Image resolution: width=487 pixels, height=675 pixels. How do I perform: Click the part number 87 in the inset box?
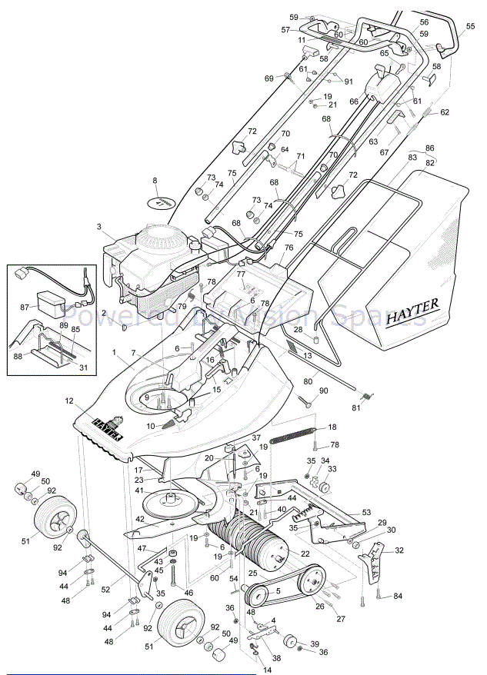click(24, 307)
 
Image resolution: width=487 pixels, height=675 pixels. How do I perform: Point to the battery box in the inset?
click(48, 301)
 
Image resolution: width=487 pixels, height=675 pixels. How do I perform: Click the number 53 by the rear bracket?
click(366, 512)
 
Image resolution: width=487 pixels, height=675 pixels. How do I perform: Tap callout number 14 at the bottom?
click(268, 670)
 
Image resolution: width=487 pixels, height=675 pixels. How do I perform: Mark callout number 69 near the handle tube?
click(269, 78)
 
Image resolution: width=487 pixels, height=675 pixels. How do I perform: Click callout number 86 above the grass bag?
click(429, 148)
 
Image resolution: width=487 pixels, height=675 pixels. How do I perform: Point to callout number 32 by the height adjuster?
click(399, 550)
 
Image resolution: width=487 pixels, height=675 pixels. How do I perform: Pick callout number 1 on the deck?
click(114, 352)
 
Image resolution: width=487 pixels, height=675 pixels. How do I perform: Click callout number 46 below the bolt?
click(188, 594)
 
